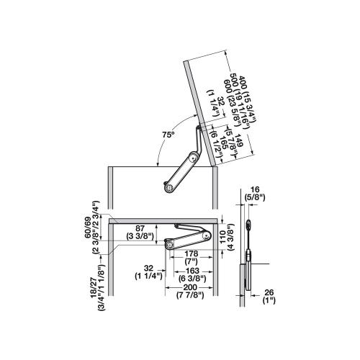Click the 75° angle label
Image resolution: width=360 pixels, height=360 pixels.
(168, 135)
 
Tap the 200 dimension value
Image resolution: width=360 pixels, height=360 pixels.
(190, 287)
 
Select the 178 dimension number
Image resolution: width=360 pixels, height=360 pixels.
(192, 253)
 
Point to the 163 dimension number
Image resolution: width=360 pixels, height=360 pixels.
(193, 271)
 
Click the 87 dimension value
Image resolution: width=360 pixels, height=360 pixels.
(140, 228)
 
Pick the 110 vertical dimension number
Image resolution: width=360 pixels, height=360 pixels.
(222, 237)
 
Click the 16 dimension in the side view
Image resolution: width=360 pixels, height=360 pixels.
(254, 189)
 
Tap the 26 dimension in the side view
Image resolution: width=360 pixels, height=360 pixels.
(269, 292)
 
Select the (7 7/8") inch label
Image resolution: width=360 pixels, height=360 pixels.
(190, 295)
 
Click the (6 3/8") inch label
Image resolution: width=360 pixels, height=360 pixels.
(192, 279)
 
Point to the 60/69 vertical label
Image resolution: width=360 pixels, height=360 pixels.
(88, 228)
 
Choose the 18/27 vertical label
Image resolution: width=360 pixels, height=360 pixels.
(94, 288)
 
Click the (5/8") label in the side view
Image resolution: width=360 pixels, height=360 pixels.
(254, 197)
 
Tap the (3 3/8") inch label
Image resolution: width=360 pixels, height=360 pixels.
(140, 236)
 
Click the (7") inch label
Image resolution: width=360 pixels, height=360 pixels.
(192, 261)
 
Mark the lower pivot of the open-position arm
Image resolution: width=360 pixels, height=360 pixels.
(170, 187)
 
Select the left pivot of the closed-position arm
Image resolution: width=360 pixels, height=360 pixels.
(170, 245)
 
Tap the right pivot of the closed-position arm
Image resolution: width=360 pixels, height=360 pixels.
(206, 236)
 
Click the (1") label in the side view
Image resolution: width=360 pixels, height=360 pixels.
(269, 300)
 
